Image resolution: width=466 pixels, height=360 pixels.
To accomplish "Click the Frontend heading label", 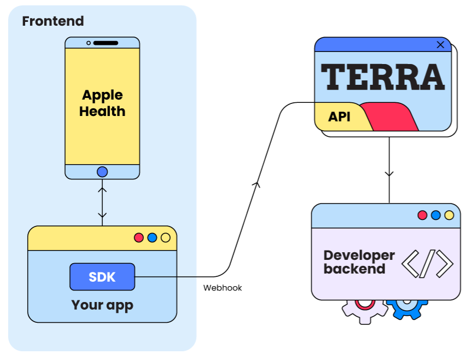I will [53, 21].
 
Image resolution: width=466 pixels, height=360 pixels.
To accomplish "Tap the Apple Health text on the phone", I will [102, 103].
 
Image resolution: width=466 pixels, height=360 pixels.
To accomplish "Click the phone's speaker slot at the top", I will [106, 43].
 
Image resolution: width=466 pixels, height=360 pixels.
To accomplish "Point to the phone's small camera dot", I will [89, 43].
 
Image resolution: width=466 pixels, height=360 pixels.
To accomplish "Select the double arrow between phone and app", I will [102, 202].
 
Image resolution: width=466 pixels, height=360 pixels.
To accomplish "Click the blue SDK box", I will [102, 277].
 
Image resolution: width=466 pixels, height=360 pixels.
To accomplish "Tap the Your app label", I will [102, 305].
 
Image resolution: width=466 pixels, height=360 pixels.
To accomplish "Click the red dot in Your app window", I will [139, 237].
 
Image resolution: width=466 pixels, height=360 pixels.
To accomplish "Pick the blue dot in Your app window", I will [152, 237].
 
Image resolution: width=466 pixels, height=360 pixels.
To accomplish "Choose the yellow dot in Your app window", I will [165, 237].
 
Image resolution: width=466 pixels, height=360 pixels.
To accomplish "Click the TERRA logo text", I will [383, 77].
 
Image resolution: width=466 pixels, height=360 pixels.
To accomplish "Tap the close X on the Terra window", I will [440, 45].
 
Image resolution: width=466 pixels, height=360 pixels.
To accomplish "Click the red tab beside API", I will [391, 117].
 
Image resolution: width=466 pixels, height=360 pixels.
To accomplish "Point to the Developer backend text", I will [359, 262].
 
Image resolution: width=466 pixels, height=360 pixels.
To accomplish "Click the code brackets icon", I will [428, 263].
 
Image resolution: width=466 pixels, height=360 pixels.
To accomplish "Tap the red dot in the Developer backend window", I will [422, 215].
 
